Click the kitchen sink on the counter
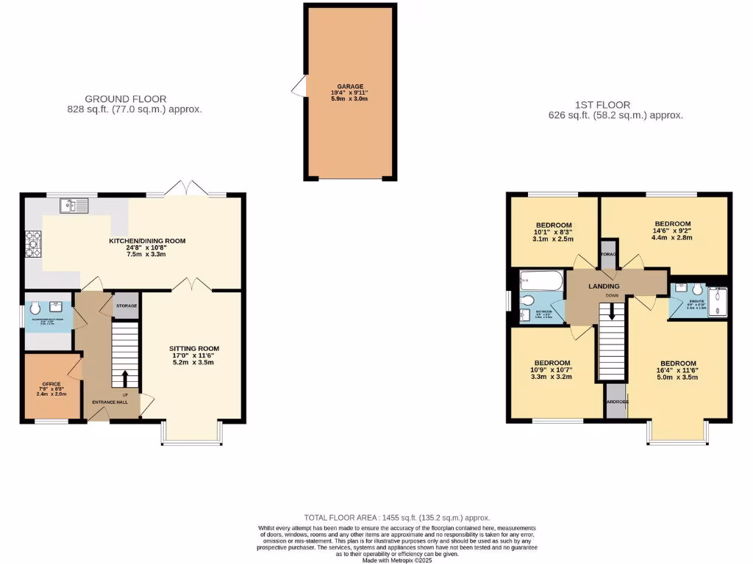click(75, 205)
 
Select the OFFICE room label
click(51, 383)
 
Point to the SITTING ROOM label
click(194, 348)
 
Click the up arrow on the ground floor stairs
click(124, 378)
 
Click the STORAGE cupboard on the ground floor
click(126, 306)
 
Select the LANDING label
click(604, 286)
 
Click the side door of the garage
click(299, 89)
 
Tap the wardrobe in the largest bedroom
click(616, 402)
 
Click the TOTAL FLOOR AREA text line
click(396, 518)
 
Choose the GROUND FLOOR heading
click(125, 99)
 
